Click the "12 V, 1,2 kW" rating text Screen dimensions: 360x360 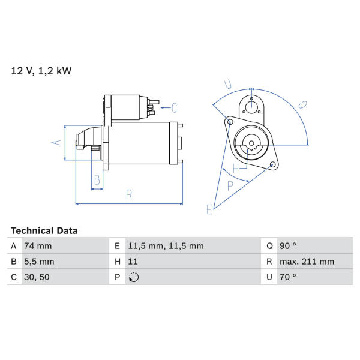[41, 71]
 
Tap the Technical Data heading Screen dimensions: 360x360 [44, 231]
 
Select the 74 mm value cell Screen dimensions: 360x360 [38, 246]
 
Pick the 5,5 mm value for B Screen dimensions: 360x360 [39, 262]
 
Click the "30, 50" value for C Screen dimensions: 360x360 [37, 277]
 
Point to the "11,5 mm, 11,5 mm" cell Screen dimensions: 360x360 [166, 246]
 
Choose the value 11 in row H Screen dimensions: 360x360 [133, 262]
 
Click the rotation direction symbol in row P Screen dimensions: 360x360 [134, 277]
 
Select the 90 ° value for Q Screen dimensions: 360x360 [287, 246]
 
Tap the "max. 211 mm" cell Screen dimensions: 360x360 [307, 262]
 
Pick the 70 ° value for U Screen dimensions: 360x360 [287, 277]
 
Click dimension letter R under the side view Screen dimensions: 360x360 [129, 194]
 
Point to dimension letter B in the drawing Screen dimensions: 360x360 [97, 180]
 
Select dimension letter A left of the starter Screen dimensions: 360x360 [56, 143]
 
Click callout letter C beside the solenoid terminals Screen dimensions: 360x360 [174, 107]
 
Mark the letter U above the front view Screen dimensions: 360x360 [228, 84]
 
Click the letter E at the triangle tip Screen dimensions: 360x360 [209, 209]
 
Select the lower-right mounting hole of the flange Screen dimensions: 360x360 [272, 164]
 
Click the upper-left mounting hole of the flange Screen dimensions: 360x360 [230, 121]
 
